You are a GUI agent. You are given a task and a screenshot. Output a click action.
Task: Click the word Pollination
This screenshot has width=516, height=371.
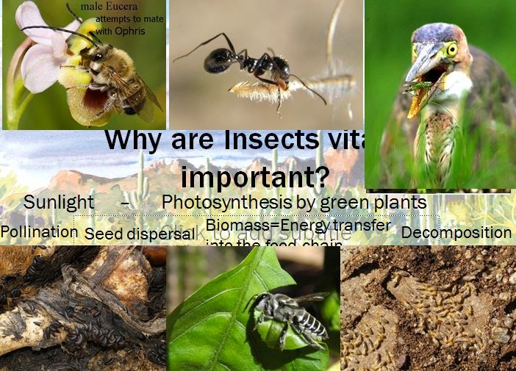point(39,232)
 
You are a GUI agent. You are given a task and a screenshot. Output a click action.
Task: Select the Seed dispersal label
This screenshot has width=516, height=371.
point(140,234)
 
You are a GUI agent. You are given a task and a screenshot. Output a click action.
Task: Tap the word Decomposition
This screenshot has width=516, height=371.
point(456,233)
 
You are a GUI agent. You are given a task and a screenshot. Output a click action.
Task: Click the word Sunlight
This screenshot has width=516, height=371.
point(59,202)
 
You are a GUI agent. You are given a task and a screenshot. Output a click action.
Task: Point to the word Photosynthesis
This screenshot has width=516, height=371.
point(228,202)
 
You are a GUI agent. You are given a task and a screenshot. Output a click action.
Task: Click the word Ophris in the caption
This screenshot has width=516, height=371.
point(130,32)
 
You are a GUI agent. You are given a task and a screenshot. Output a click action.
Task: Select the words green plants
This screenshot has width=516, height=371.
point(382,202)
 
